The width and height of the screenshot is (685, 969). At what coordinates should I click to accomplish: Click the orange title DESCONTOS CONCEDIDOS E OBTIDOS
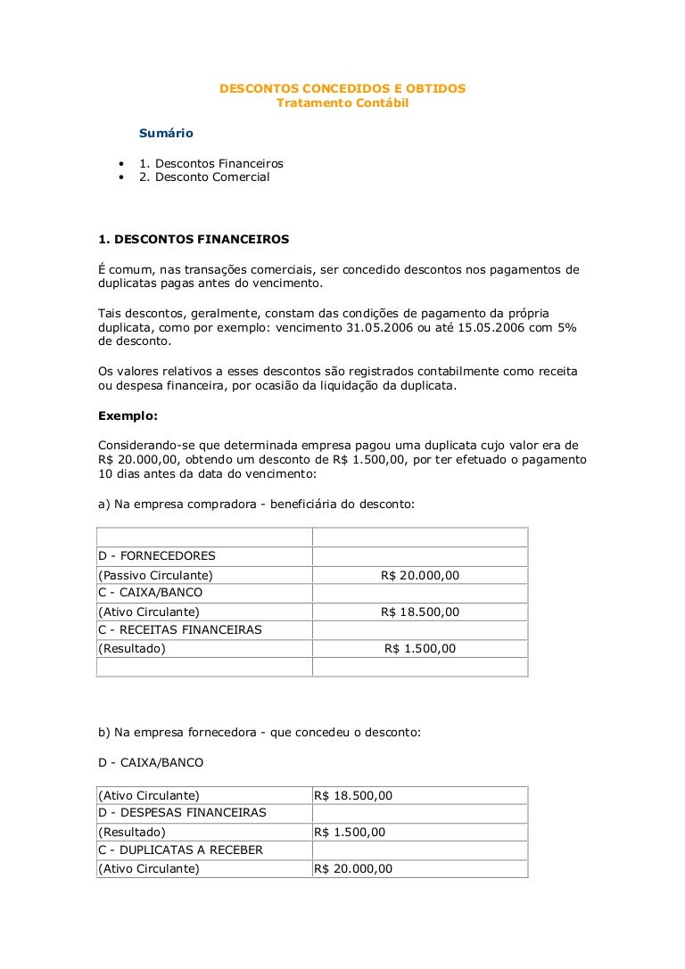pos(342,89)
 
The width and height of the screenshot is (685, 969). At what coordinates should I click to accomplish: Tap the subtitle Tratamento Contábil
pos(342,103)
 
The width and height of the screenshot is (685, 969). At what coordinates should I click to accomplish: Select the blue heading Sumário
pos(166,134)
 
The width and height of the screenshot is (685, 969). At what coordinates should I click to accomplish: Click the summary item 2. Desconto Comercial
pos(204,177)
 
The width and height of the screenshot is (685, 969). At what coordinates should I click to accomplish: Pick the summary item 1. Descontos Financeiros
pos(210,164)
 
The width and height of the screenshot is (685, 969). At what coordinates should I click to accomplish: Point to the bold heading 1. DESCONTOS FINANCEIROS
pos(193,239)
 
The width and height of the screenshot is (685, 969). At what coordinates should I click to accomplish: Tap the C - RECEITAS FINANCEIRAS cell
pos(179,630)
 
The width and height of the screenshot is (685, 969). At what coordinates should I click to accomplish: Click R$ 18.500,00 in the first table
pos(419,612)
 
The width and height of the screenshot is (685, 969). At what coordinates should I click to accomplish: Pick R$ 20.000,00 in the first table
pos(419,575)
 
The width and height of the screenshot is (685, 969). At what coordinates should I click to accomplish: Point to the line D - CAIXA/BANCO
pos(151,763)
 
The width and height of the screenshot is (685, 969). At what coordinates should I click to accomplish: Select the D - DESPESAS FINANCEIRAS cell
pos(182,813)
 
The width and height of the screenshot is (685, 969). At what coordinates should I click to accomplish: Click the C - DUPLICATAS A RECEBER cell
pos(180,850)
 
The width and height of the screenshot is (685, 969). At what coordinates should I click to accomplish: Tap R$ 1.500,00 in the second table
pos(350,832)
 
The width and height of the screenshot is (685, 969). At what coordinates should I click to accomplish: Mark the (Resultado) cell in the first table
pos(132,649)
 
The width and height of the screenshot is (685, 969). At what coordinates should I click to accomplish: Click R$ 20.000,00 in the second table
pos(353,869)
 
